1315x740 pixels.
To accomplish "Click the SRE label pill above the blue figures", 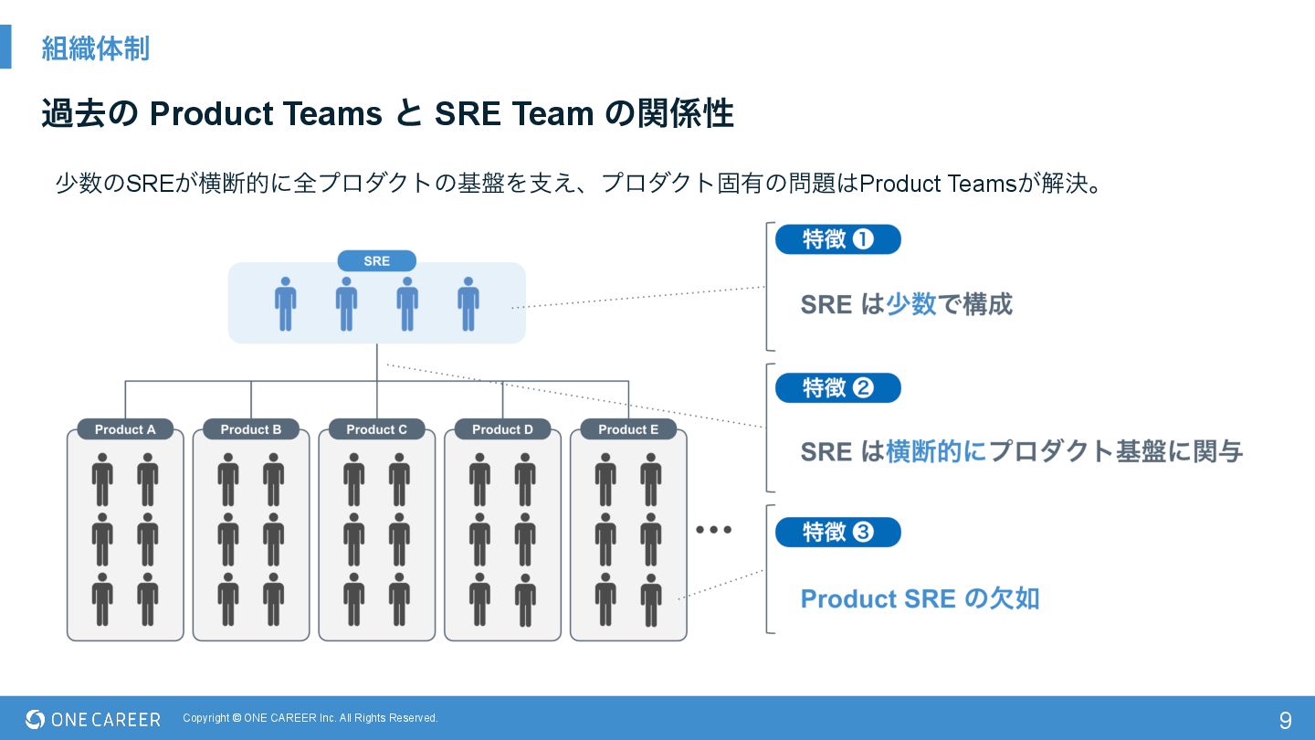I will pos(376,261).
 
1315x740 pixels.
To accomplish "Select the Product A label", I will pos(125,429).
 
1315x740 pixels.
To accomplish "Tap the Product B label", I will pos(251,429).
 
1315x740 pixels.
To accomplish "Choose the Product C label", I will pos(376,429).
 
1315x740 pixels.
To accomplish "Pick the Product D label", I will pos(502,429).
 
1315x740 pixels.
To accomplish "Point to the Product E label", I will pos(628,429).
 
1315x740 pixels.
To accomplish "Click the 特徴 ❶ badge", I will pos(837,239).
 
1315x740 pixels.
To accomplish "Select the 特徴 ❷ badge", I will pos(837,388).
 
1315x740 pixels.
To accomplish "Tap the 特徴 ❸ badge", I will pos(837,533).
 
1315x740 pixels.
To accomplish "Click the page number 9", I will pos(1285,720).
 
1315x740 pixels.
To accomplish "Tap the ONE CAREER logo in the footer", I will pos(93,720).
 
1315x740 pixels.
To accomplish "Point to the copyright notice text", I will pos(310,718).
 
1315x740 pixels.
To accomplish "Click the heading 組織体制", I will pos(95,48).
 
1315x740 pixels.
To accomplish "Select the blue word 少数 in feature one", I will pos(911,304).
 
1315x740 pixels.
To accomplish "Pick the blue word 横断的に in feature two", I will pos(936,451).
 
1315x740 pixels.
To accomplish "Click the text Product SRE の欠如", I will pos(920,598).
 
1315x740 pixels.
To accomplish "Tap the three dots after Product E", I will pos(713,530).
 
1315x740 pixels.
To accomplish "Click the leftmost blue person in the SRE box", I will pos(286,303).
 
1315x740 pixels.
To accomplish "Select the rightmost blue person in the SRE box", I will pos(468,303).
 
